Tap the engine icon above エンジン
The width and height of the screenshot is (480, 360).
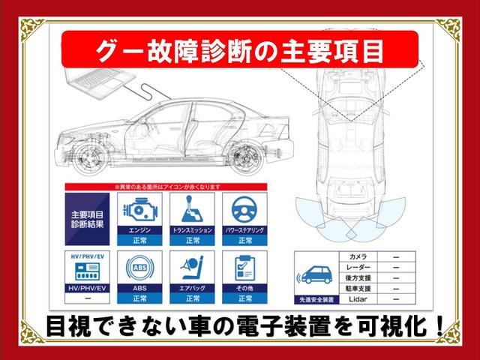(x=140, y=209)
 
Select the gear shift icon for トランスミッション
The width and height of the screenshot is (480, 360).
(x=191, y=209)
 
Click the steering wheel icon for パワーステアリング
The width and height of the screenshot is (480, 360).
(x=244, y=209)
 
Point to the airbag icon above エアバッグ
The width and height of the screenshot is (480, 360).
(x=191, y=266)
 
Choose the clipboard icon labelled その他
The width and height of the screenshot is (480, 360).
(x=244, y=266)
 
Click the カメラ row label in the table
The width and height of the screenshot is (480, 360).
(x=358, y=257)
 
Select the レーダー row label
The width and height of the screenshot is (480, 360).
(x=358, y=268)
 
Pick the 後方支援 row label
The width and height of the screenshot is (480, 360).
(x=358, y=278)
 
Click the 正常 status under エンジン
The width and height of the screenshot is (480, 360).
(x=140, y=241)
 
